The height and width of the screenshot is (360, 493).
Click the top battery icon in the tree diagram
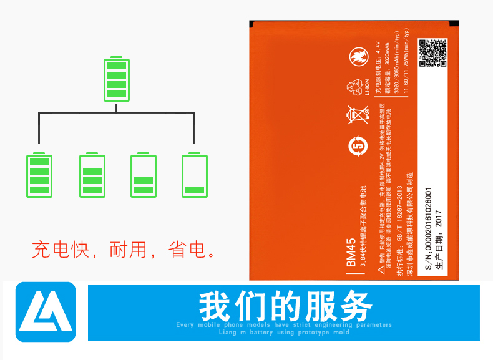116,79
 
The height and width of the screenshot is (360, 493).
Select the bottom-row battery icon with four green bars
39,175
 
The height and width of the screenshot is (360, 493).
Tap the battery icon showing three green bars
92,175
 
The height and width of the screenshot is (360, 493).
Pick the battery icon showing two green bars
144,175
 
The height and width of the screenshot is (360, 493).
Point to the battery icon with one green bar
194,175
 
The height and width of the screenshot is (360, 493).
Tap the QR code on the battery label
432,53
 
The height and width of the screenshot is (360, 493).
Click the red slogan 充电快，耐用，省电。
124,250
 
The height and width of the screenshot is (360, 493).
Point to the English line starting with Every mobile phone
284,325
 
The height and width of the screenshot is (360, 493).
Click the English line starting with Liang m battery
284,333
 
